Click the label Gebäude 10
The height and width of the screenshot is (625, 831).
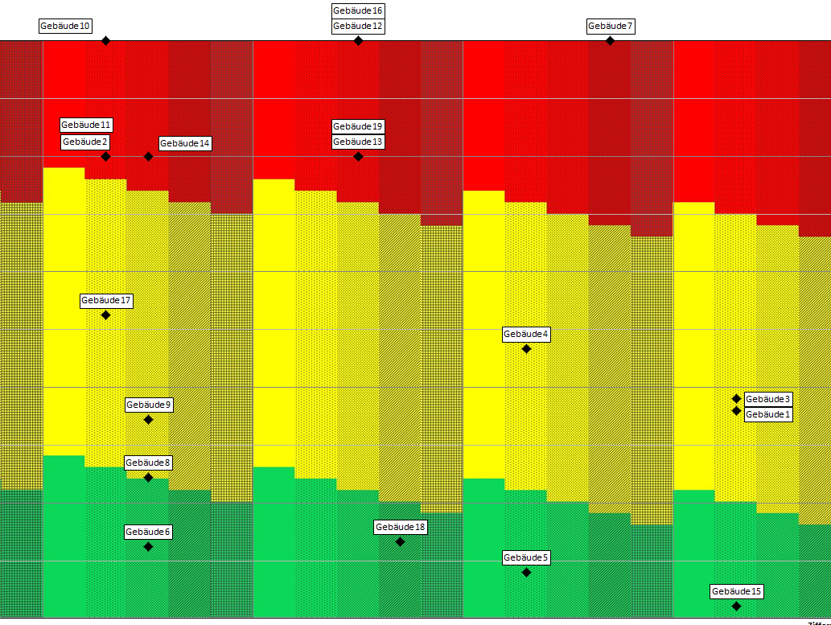(x=64, y=26)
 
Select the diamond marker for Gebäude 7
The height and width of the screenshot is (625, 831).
(x=610, y=40)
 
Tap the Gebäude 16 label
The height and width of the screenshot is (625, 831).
(x=358, y=10)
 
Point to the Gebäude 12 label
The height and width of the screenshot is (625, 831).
(x=358, y=26)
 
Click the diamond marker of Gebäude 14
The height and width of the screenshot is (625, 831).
(x=148, y=156)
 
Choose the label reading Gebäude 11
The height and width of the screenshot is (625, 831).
(x=86, y=125)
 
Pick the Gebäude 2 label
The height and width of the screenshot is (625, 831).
(x=86, y=142)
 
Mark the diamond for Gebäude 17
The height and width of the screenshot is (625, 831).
(x=105, y=315)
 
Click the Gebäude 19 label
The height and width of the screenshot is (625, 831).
(x=358, y=126)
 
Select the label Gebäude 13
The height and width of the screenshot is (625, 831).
(x=358, y=142)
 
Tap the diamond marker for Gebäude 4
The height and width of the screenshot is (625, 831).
(x=526, y=348)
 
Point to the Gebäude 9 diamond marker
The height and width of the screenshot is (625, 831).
(x=148, y=419)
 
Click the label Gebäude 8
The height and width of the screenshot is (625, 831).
(x=148, y=463)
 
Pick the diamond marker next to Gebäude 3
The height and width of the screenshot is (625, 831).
(x=736, y=398)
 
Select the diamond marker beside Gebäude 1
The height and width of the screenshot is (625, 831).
(x=736, y=410)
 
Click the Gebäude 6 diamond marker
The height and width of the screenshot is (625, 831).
(x=148, y=546)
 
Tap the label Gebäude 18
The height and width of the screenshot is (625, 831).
(x=400, y=527)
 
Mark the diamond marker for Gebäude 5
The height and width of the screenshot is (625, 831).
(x=526, y=572)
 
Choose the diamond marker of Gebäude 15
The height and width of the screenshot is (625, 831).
(x=736, y=606)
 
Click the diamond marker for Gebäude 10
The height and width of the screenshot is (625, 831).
(x=105, y=40)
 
